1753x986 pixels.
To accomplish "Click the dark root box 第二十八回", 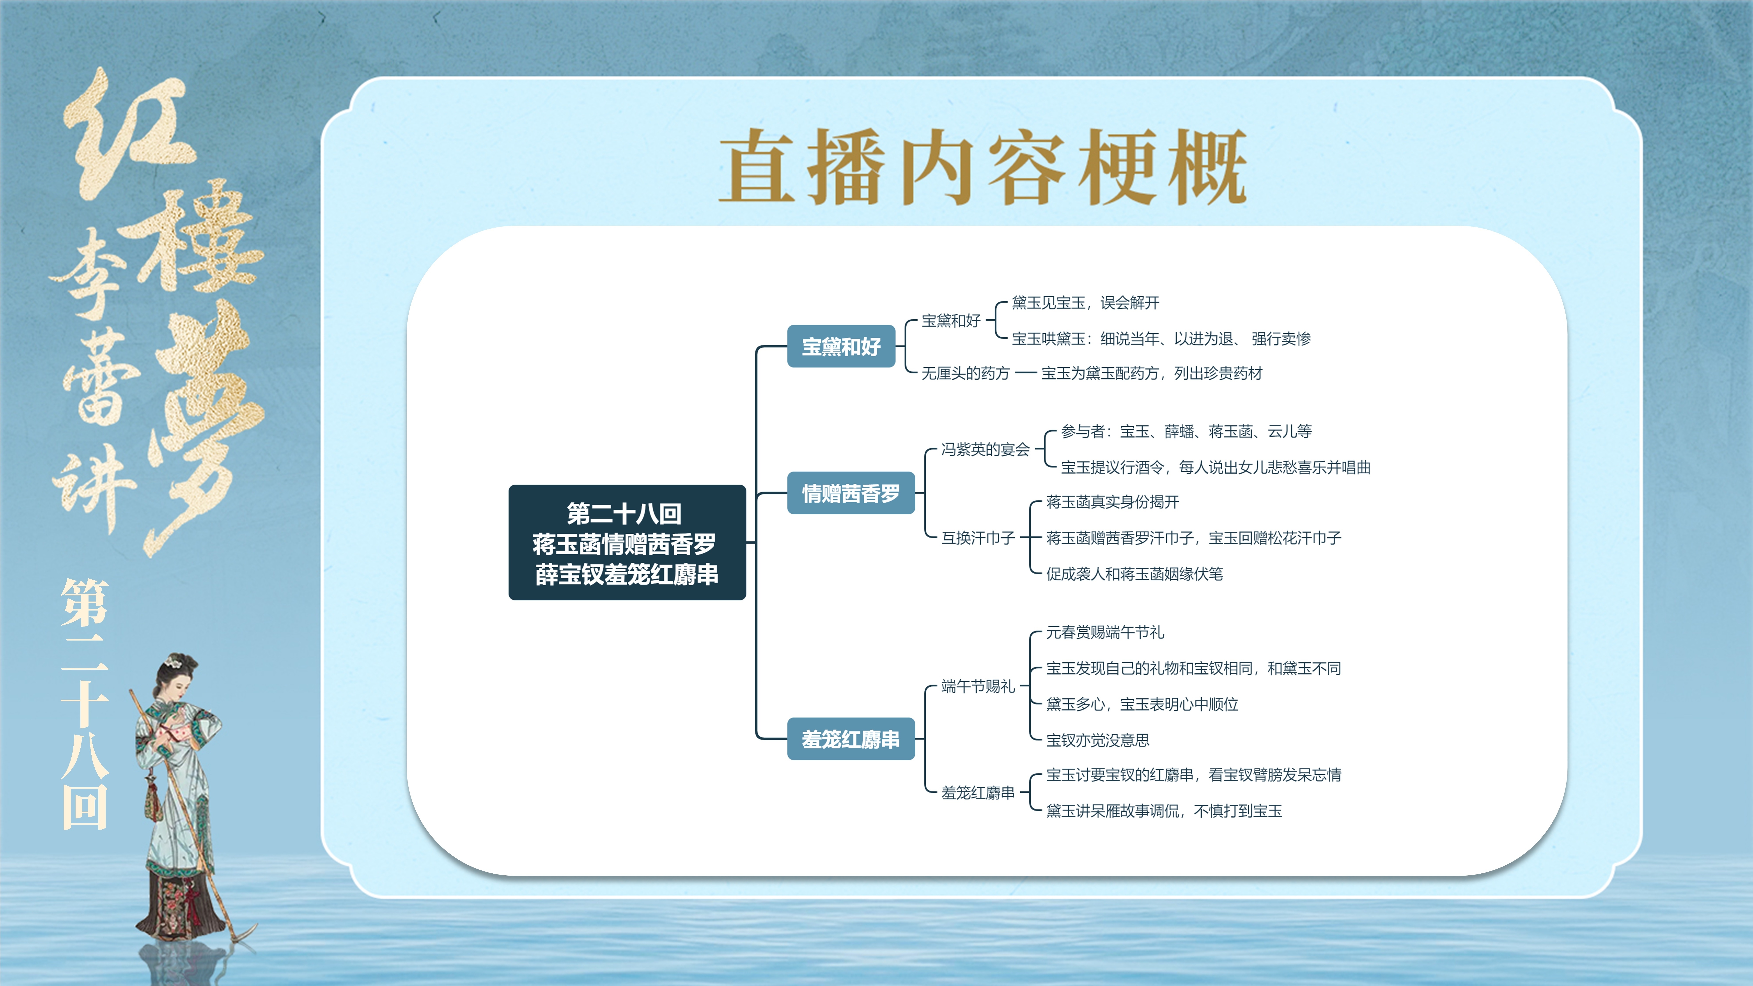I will pos(627,542).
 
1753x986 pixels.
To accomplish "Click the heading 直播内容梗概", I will pos(982,167).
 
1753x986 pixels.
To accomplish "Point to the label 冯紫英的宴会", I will pos(985,449).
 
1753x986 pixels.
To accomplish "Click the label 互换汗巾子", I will pos(978,538).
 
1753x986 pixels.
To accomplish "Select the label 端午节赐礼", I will pos(978,686).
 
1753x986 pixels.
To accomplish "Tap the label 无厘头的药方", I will pos(965,373).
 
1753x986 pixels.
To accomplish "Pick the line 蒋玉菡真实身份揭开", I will pos(1112,501).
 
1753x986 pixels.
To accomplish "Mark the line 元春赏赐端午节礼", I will pos(1104,632).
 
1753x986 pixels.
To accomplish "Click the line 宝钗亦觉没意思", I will pos(1097,740).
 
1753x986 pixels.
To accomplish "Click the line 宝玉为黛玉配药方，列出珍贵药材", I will pos(1151,373).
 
